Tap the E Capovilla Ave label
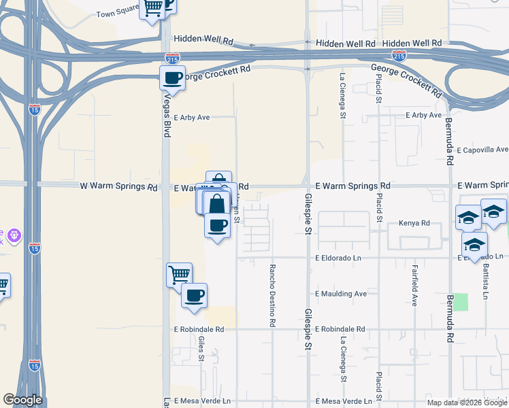(x=482, y=150)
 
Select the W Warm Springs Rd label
(x=118, y=186)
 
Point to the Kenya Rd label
(x=415, y=223)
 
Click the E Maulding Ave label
(x=341, y=294)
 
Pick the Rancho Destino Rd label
(x=272, y=296)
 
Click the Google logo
(x=22, y=400)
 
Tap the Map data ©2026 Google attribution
(x=467, y=403)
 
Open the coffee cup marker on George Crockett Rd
(x=173, y=78)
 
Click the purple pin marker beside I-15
(x=16, y=236)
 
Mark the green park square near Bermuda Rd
(x=461, y=302)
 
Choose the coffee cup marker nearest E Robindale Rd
(x=194, y=296)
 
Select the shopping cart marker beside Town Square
(x=152, y=8)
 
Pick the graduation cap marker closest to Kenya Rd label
(x=468, y=218)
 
